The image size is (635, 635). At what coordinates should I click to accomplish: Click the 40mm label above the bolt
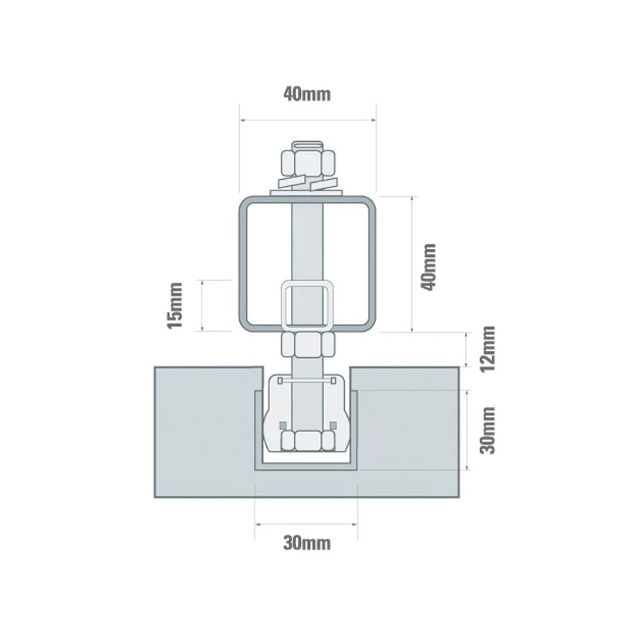[x=307, y=95]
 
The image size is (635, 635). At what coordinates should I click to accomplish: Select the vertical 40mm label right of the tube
[x=429, y=265]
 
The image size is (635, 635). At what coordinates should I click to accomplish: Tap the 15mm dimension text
[x=176, y=306]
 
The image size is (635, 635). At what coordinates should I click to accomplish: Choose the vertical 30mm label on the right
[x=485, y=431]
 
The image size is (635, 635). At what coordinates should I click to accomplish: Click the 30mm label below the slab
[x=306, y=542]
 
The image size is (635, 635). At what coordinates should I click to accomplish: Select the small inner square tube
[x=308, y=306]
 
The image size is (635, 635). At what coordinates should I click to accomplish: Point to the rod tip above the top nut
[x=308, y=144]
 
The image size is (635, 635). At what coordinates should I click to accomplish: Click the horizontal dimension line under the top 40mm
[x=307, y=120]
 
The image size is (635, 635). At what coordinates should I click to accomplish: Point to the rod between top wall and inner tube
[x=308, y=243]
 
